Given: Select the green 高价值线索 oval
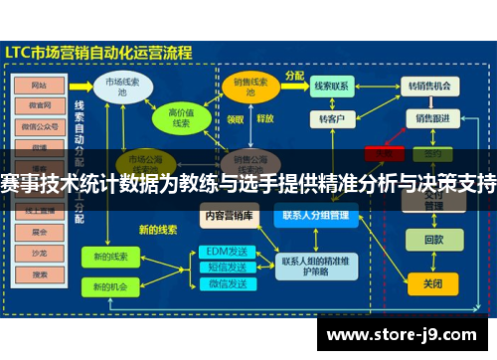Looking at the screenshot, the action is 181,118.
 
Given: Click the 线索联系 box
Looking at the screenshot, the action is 331,87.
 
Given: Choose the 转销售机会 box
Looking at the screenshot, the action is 431,87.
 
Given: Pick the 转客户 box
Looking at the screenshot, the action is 331,119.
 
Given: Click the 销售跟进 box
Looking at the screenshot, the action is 432,119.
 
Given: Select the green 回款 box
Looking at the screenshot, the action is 432,240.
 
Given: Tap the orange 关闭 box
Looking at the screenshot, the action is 432,282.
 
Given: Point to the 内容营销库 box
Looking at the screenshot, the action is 228,214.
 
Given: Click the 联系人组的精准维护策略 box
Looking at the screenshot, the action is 315,267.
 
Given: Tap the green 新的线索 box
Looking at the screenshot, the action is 111,256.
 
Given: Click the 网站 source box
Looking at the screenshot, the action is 41,85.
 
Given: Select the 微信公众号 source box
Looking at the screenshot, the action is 41,126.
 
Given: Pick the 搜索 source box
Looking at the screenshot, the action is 41,272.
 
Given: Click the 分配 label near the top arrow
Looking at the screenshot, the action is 295,76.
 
